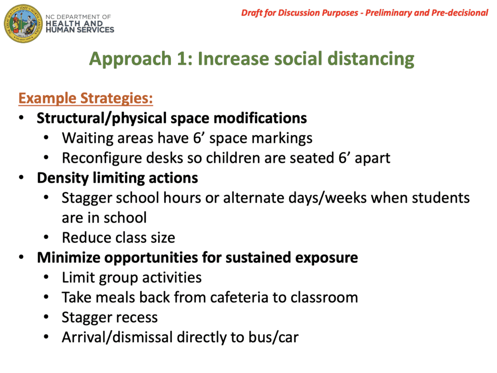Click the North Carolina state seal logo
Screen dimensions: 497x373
pos(23,24)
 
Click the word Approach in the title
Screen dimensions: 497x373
pos(130,59)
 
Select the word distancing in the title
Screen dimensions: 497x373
pos(370,59)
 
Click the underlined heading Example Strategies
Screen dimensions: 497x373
pos(85,98)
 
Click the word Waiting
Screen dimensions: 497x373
pos(83,138)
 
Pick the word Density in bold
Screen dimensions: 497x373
pos(63,178)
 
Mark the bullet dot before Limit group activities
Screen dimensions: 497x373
pos(46,277)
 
